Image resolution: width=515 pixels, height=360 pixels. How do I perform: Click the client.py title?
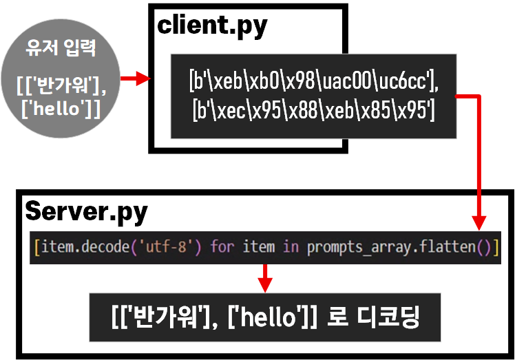[212, 25]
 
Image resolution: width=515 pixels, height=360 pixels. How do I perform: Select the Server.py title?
[86, 211]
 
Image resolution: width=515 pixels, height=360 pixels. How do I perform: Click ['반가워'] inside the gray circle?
[59, 87]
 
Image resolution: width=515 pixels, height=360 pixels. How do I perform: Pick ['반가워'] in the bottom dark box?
[161, 317]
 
